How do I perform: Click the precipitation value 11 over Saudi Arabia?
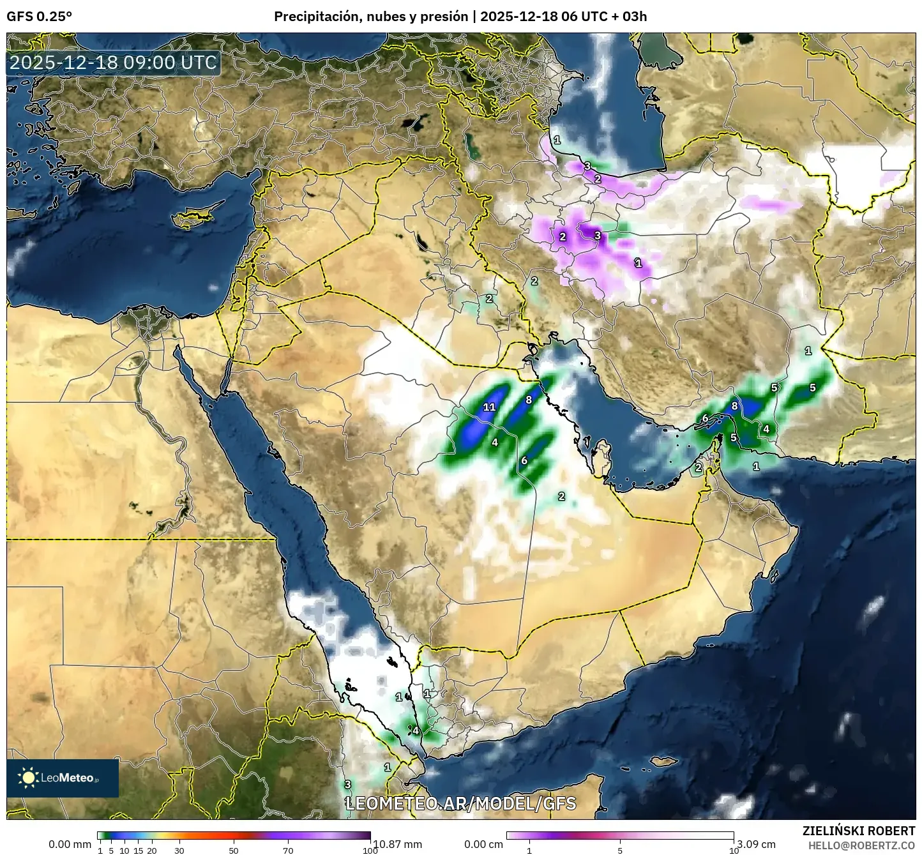pyautogui.click(x=490, y=407)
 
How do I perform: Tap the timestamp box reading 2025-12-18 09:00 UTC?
pyautogui.click(x=114, y=63)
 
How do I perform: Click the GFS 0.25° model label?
pyautogui.click(x=39, y=17)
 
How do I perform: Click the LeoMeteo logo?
pyautogui.click(x=63, y=778)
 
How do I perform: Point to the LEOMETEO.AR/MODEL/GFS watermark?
pyautogui.click(x=460, y=803)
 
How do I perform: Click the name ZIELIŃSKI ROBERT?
pyautogui.click(x=858, y=831)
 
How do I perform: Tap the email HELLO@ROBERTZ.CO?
pyautogui.click(x=861, y=845)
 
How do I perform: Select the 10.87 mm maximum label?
pyautogui.click(x=397, y=844)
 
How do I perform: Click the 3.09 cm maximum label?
pyautogui.click(x=756, y=844)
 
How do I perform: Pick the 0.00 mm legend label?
pyautogui.click(x=70, y=844)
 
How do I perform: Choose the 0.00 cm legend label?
pyautogui.click(x=483, y=844)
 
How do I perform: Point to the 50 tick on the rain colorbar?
pyautogui.click(x=234, y=850)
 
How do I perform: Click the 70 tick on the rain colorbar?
pyautogui.click(x=288, y=850)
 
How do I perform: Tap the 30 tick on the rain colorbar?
pyautogui.click(x=179, y=850)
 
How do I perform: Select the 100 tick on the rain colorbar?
pyautogui.click(x=370, y=850)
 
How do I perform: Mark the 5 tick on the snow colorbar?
pyautogui.click(x=620, y=850)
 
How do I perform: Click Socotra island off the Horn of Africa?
pyautogui.click(x=664, y=761)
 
